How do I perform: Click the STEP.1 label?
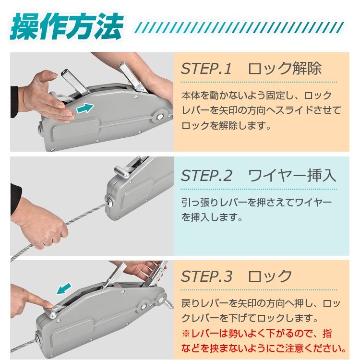(x=206, y=69)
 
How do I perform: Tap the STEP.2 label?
(x=206, y=176)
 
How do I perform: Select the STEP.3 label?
(x=206, y=276)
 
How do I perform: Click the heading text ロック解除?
(x=285, y=69)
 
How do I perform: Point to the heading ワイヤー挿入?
(x=292, y=176)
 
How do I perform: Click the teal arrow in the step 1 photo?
(x=85, y=108)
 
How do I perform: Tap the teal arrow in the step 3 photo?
(x=64, y=288)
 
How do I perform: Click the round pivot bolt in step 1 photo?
(x=160, y=117)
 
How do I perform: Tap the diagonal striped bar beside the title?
(x=239, y=27)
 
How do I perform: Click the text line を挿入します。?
(x=212, y=217)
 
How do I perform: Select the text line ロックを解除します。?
(x=226, y=126)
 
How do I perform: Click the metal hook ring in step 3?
(x=169, y=304)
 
